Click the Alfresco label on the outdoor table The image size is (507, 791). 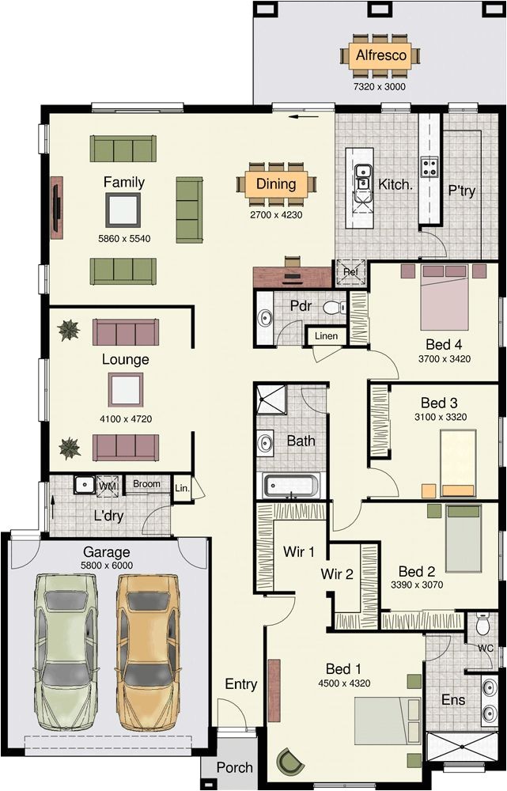click(x=381, y=55)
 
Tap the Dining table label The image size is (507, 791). click(x=275, y=184)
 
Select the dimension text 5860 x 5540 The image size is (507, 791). click(x=123, y=238)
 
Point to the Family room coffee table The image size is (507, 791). click(x=123, y=210)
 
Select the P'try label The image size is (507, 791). click(x=461, y=191)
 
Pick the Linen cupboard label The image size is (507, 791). click(x=326, y=336)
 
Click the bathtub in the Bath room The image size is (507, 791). click(x=292, y=484)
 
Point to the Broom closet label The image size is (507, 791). click(x=146, y=484)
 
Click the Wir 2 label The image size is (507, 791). click(x=337, y=574)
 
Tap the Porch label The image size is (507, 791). click(x=234, y=767)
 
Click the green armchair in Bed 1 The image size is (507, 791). click(x=290, y=763)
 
